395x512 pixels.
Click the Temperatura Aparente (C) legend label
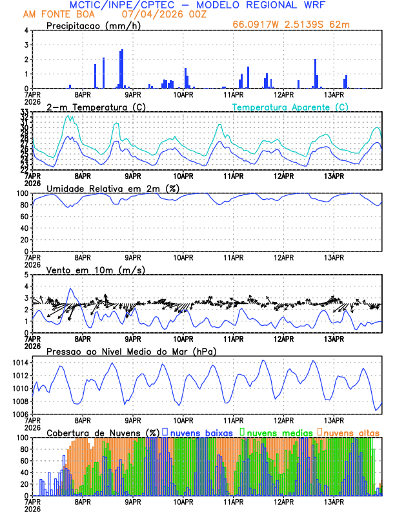pyautogui.click(x=290, y=107)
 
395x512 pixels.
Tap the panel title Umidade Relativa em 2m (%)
pyautogui.click(x=114, y=188)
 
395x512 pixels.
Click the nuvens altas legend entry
pyautogui.click(x=349, y=432)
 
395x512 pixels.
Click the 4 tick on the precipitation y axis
pyautogui.click(x=26, y=30)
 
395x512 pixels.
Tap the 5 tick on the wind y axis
pyautogui.click(x=26, y=275)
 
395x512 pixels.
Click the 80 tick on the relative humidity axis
pyautogui.click(x=23, y=205)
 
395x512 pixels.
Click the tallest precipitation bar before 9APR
pyautogui.click(x=122, y=69)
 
